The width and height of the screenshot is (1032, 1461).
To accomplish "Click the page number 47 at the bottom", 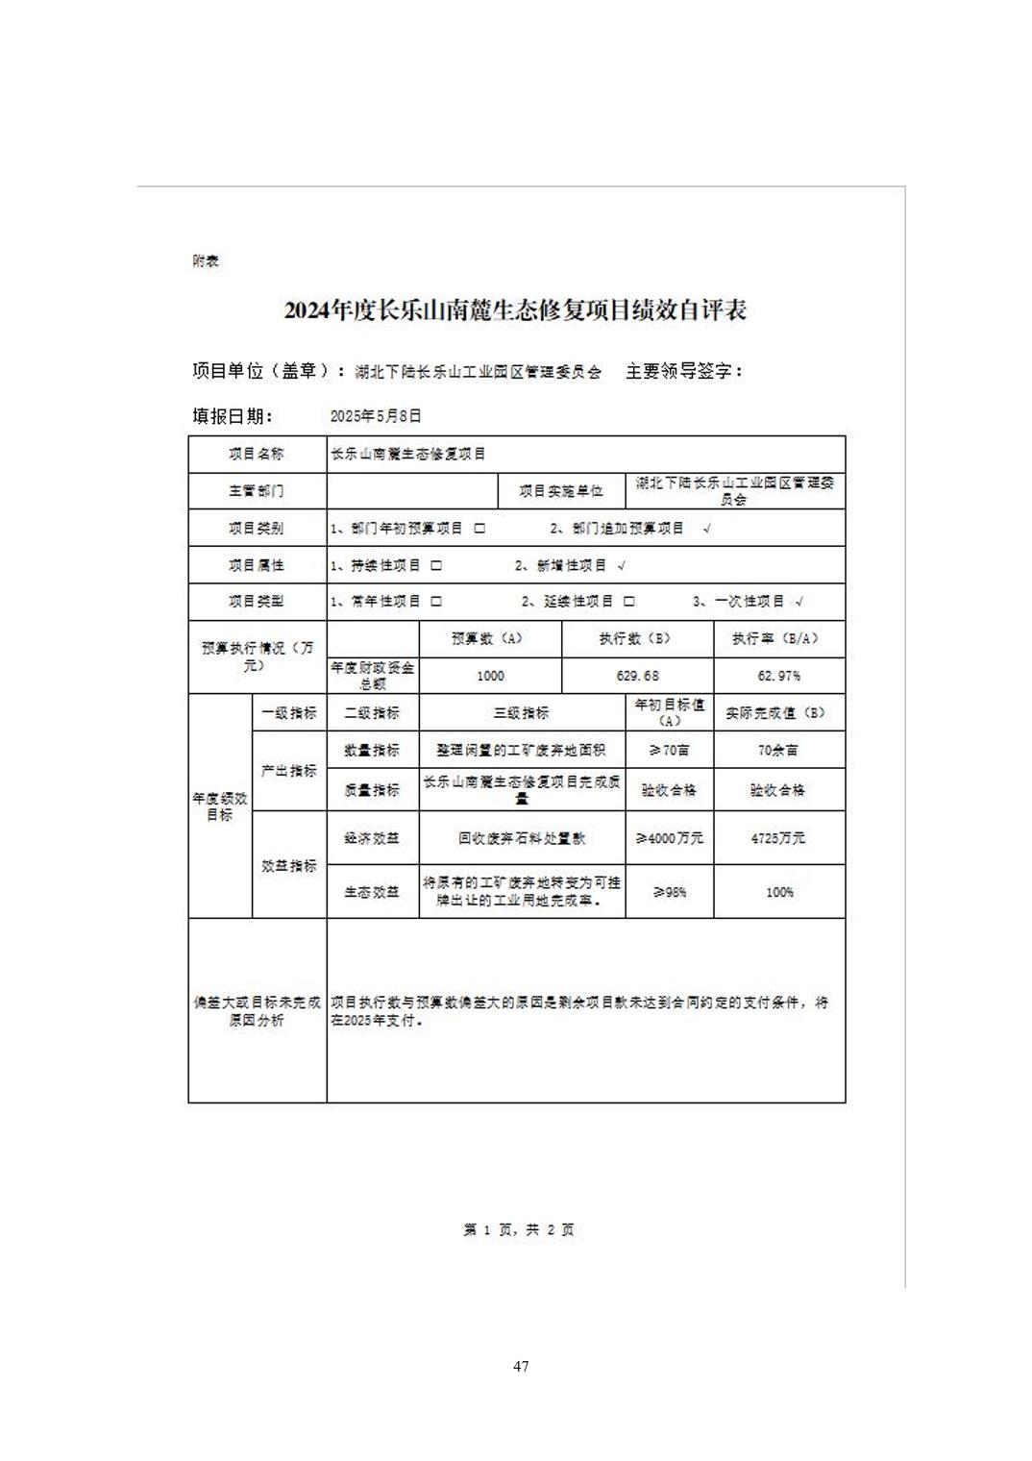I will [521, 1366].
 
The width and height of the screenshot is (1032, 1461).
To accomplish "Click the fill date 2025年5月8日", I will [376, 416].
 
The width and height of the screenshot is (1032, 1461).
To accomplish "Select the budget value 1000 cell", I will [490, 676].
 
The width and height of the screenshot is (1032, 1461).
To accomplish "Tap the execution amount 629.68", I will [638, 676].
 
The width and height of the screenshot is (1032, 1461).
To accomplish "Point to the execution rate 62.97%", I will [779, 676].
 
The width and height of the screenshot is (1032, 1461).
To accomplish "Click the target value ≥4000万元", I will [670, 838].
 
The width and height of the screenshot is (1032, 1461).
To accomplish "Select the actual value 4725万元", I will [778, 838].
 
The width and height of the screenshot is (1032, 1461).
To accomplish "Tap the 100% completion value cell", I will [779, 892].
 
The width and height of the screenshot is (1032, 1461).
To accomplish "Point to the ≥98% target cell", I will [670, 892].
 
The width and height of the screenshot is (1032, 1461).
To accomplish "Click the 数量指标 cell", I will [372, 750].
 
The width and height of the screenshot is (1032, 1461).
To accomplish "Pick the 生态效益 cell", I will [372, 892].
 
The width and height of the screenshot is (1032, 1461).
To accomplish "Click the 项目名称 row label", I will [257, 454].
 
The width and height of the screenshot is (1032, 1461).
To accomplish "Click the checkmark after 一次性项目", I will [799, 602].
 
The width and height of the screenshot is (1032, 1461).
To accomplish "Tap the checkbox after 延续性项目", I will [629, 602].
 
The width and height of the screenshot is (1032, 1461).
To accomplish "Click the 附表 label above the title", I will [206, 261].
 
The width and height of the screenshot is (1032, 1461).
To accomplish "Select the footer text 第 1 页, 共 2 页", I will [519, 1229].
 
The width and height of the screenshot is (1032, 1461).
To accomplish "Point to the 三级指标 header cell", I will [522, 713].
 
